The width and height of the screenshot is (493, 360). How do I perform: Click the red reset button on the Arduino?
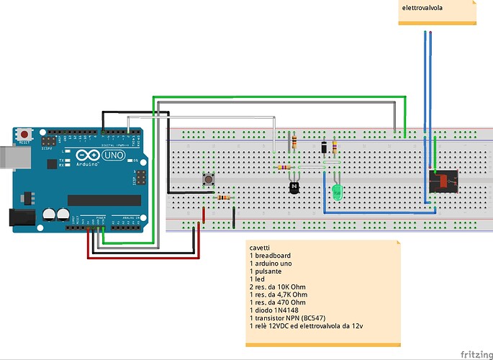pos(26,134)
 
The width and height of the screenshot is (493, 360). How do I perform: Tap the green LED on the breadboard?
pos(337,192)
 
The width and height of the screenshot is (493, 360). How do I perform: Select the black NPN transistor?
pos(294,188)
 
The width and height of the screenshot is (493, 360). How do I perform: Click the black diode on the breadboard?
pos(325,148)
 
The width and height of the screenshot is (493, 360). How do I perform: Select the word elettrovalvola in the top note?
pos(421,7)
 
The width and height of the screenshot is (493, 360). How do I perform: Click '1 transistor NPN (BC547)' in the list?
pos(291,318)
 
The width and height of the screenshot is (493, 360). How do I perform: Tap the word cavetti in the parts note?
pos(261,247)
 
